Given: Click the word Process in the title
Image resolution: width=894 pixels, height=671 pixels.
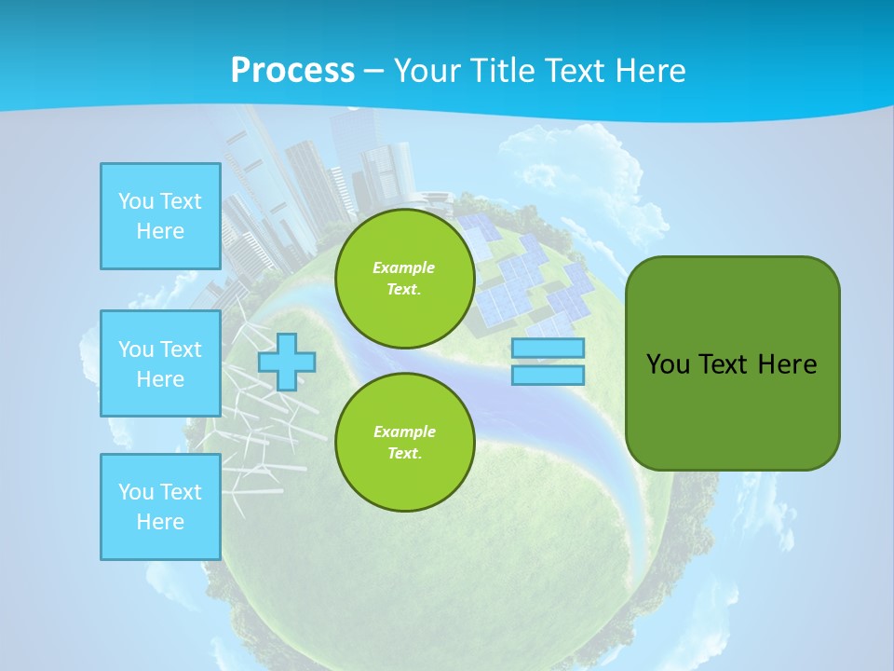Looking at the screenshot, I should (x=292, y=71).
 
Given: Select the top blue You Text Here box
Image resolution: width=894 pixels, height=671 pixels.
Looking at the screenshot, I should (x=160, y=216).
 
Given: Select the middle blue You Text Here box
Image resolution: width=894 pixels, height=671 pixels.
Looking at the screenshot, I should (x=160, y=363).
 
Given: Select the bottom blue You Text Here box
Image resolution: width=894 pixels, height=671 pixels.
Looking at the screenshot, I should (x=160, y=507).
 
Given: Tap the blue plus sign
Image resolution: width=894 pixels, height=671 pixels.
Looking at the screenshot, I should (x=287, y=362).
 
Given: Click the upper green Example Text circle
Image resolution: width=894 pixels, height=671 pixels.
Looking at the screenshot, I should (x=404, y=279).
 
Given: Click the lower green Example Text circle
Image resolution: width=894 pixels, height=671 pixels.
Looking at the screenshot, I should (x=404, y=443).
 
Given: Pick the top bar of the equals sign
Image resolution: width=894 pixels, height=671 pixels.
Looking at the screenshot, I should (x=548, y=349).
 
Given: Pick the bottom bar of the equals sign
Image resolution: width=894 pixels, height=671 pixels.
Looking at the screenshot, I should (x=548, y=375).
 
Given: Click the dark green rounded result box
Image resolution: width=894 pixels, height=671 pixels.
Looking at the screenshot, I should (x=732, y=410).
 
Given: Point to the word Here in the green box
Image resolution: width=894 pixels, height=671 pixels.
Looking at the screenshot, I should (x=787, y=364).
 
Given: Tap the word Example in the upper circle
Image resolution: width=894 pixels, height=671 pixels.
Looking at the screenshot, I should (x=404, y=267).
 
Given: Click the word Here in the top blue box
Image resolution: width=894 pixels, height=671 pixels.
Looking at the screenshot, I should (x=160, y=231).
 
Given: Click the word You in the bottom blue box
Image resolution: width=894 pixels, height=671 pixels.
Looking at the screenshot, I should (x=136, y=492).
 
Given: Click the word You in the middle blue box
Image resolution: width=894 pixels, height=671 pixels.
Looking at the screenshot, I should (x=136, y=349).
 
